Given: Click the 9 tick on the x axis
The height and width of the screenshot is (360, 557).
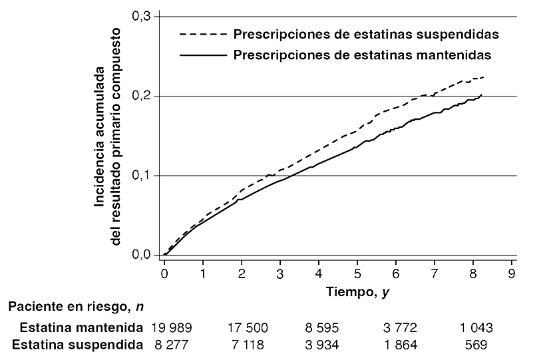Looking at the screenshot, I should tap(512, 273).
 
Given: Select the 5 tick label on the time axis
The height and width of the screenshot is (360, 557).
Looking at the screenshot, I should tap(357, 273).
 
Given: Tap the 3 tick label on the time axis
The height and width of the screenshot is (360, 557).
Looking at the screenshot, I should tap(280, 273).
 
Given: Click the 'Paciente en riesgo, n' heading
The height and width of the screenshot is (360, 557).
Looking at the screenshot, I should tap(77, 307).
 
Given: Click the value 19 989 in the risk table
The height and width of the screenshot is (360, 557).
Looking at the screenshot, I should tap(171, 327).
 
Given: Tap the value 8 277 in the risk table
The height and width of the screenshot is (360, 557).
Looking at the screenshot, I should tap(166, 345).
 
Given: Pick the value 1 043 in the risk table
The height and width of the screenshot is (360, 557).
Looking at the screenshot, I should tap(476, 327).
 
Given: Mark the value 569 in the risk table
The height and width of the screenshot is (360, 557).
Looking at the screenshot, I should tap(476, 345).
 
